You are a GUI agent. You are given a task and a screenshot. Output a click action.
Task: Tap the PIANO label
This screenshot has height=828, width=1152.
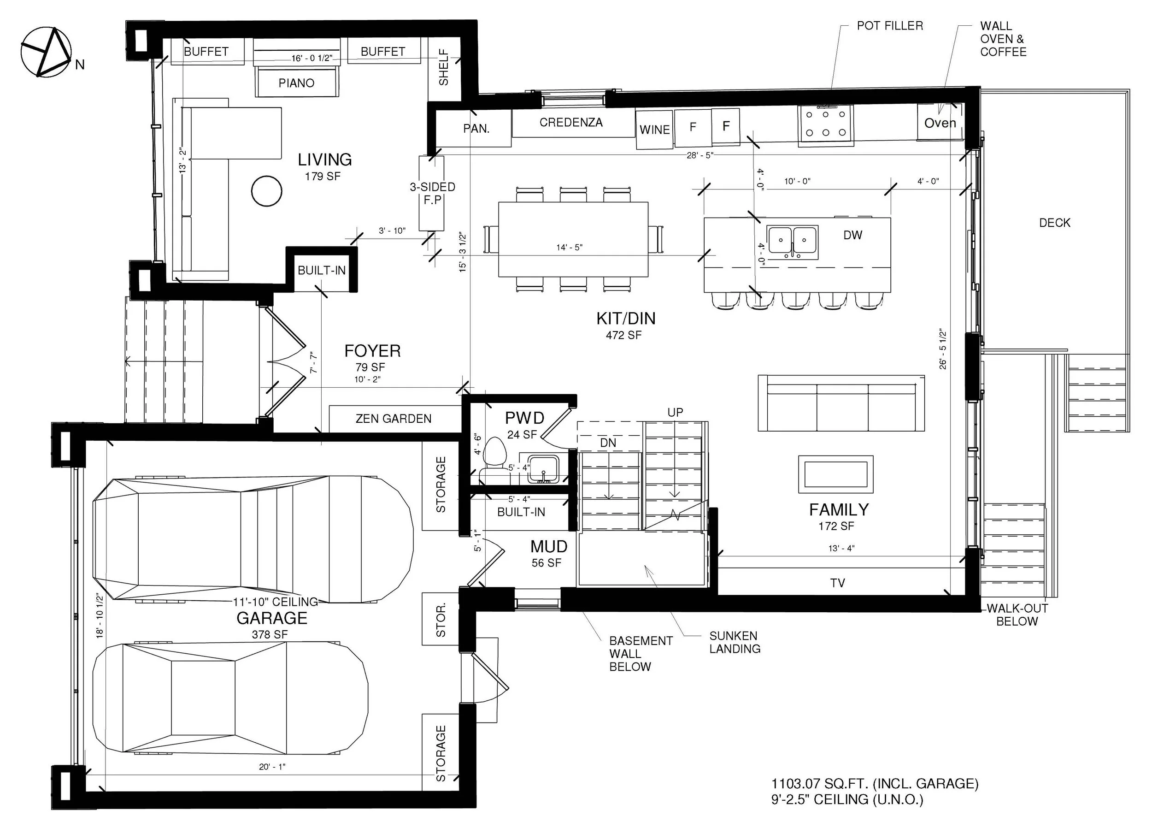[297, 83]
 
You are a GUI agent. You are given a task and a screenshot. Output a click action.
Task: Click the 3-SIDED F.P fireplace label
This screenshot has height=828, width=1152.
[432, 193]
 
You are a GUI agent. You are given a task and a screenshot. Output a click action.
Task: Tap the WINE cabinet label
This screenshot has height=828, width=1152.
[655, 130]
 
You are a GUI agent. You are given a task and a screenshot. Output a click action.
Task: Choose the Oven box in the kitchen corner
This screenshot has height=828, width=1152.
[940, 122]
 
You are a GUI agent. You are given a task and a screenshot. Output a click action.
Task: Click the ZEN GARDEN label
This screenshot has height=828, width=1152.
[394, 418]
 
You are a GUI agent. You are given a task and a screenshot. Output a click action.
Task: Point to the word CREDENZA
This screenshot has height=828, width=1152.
[571, 122]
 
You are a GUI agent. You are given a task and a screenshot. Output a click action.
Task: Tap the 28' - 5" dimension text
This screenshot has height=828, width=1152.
[700, 155]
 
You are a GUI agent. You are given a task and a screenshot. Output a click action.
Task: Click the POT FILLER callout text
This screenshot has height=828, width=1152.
[890, 25]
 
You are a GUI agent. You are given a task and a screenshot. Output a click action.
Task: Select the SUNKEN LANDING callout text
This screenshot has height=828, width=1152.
[735, 642]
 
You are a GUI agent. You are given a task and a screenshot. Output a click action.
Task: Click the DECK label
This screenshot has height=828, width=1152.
[1054, 223]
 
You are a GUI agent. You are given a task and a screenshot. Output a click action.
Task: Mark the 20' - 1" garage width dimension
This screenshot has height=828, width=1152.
[272, 767]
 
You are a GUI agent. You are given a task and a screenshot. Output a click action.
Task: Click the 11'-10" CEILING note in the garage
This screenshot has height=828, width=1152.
[275, 602]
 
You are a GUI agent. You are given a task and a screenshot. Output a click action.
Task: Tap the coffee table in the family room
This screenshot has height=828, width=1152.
[835, 474]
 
